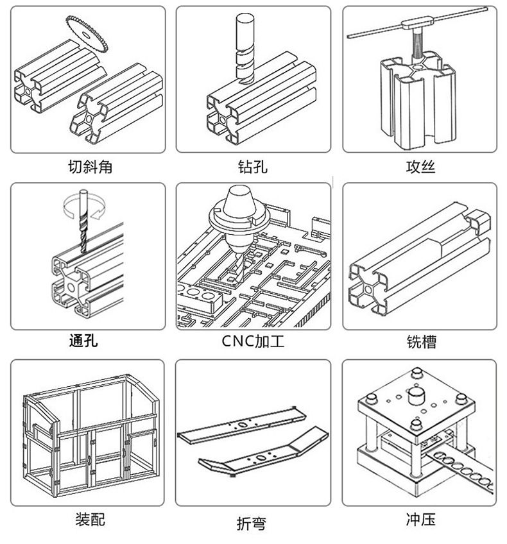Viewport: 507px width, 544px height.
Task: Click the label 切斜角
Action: pyautogui.click(x=90, y=167)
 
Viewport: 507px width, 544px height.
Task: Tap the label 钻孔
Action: pyautogui.click(x=252, y=167)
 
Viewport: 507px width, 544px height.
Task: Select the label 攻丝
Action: pyautogui.click(x=420, y=167)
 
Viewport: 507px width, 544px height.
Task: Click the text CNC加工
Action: pyautogui.click(x=253, y=341)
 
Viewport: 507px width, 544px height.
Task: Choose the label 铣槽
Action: pyautogui.click(x=421, y=341)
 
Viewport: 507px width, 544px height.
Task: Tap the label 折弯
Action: pyautogui.click(x=252, y=523)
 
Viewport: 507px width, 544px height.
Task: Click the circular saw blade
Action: pyautogui.click(x=87, y=32)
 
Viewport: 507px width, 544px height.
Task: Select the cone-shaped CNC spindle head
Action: pyautogui.click(x=237, y=212)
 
